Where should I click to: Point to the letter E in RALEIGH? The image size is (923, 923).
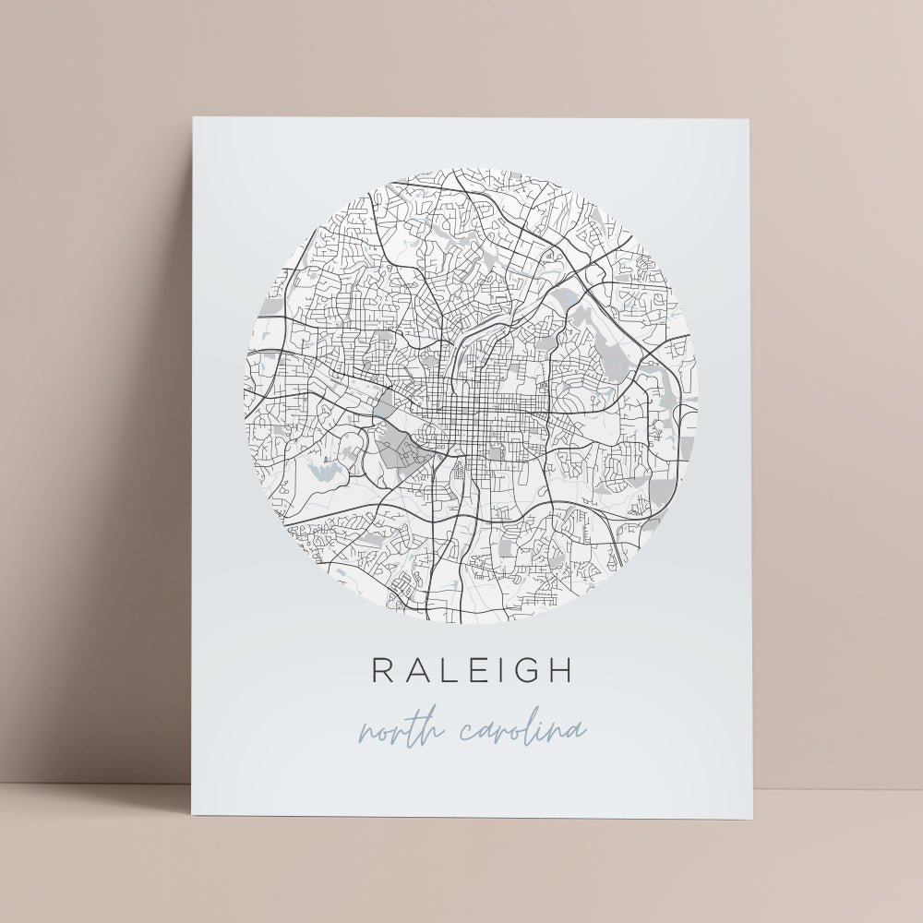473,670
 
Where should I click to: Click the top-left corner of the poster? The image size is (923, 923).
192,118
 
